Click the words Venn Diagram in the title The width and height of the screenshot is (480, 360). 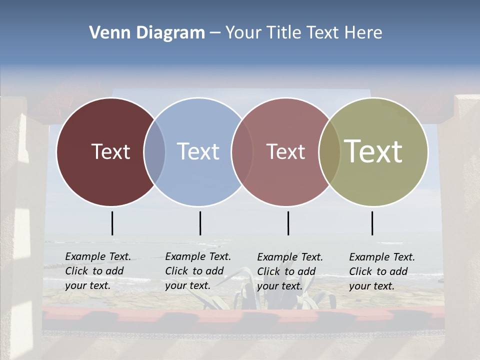click(147, 33)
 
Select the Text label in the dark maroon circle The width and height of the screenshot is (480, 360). click(110, 151)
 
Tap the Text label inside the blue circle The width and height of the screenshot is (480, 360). click(198, 151)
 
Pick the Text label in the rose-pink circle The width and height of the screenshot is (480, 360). click(285, 151)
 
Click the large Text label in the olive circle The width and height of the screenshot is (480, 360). click(373, 151)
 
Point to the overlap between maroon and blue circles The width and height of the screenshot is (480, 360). click(154, 151)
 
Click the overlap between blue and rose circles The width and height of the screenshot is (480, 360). click(242, 151)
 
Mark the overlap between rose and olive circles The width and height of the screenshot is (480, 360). click(329, 151)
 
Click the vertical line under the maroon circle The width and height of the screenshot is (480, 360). click(112, 223)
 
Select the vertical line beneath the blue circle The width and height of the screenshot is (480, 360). click(200, 223)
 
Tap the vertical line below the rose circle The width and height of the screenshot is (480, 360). click(288, 223)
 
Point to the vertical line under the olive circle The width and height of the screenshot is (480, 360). click(372, 223)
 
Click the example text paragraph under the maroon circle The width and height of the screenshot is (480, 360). click(97, 271)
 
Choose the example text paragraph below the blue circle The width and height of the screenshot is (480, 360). click(197, 271)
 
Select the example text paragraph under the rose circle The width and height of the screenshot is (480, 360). click(289, 271)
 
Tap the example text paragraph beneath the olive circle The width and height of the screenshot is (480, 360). click(381, 271)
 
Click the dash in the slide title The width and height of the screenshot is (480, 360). click(214, 33)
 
